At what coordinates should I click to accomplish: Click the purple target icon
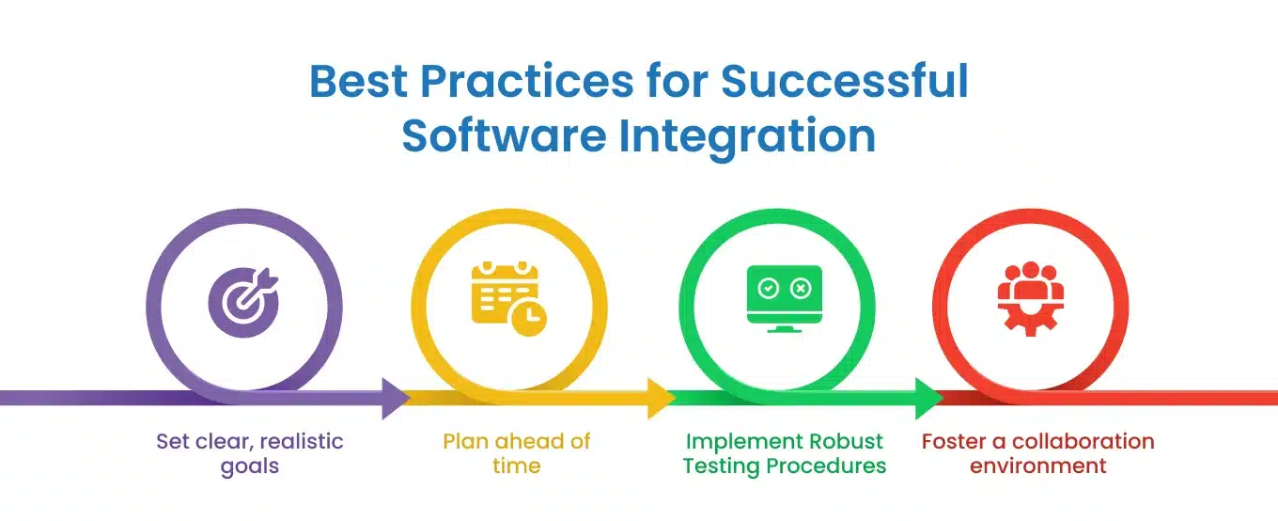pos(243,302)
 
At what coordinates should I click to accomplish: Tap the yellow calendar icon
pos(508,298)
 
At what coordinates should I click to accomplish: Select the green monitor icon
pos(785,298)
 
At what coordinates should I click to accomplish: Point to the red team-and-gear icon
pos(1030,298)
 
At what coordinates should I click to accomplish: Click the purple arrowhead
pos(395,398)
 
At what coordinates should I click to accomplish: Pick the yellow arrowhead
pos(661,398)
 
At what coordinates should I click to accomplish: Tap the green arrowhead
pos(928,398)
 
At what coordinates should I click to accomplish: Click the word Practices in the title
pos(526,81)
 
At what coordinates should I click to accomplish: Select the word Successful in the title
pos(845,81)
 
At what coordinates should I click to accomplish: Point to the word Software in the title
pos(504,135)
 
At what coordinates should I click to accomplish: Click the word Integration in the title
pos(747,137)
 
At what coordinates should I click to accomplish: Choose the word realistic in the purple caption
pos(302,441)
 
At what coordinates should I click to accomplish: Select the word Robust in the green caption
pos(846,441)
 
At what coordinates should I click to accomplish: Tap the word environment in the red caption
pos(1037,466)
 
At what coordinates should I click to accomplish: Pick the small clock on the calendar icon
pos(529,317)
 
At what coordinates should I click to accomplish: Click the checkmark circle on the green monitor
pos(768,288)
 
